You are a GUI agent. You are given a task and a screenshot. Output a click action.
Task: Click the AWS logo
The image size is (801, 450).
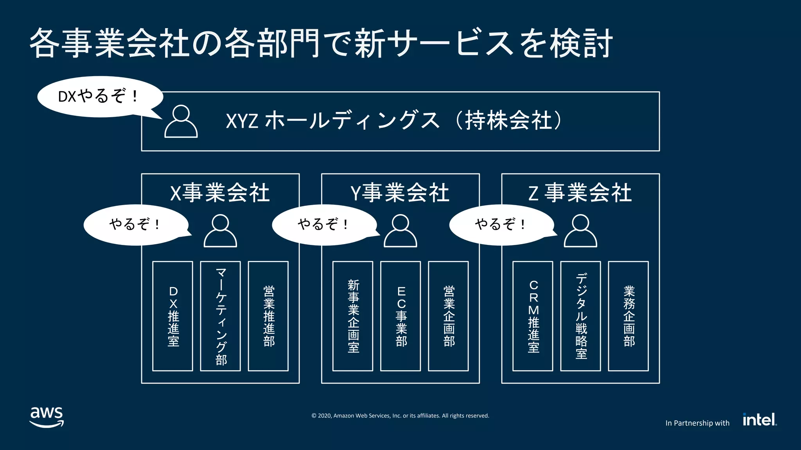(47, 417)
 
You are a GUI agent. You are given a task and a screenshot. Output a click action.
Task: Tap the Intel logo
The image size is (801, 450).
(760, 420)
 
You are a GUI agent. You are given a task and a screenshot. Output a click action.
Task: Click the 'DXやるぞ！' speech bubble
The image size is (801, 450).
(99, 96)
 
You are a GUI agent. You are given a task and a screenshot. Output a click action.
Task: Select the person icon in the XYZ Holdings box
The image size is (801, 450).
(181, 121)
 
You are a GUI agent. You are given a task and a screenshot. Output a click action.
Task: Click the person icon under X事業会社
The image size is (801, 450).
(220, 231)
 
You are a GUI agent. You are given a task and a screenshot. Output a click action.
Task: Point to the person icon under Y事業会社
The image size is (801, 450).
(400, 231)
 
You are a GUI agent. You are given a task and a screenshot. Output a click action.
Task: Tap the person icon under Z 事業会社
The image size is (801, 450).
(580, 231)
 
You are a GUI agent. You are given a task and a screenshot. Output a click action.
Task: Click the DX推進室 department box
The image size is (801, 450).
(172, 316)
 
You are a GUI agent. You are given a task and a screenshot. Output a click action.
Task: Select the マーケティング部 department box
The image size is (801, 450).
(221, 316)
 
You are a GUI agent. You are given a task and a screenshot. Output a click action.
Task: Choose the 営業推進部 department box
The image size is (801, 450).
(268, 316)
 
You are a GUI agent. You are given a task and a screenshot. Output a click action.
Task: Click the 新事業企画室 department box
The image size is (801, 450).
(353, 316)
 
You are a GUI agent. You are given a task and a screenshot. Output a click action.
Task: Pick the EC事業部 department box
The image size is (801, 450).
(400, 316)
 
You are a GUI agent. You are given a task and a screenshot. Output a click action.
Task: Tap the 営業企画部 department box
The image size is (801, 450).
(448, 316)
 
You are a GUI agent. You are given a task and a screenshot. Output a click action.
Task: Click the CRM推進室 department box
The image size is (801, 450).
(533, 316)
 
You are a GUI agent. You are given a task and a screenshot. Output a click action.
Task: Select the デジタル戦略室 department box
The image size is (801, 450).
(580, 316)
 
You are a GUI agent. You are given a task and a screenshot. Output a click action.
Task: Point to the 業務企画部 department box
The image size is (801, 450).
(628, 316)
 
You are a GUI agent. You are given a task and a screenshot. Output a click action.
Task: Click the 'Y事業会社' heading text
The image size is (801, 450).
(400, 193)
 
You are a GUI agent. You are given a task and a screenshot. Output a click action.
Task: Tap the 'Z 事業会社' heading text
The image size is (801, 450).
(580, 193)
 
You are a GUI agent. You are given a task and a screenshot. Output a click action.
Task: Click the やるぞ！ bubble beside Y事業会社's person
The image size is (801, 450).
(324, 225)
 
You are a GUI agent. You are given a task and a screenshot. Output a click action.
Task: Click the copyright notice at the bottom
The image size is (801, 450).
(400, 416)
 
